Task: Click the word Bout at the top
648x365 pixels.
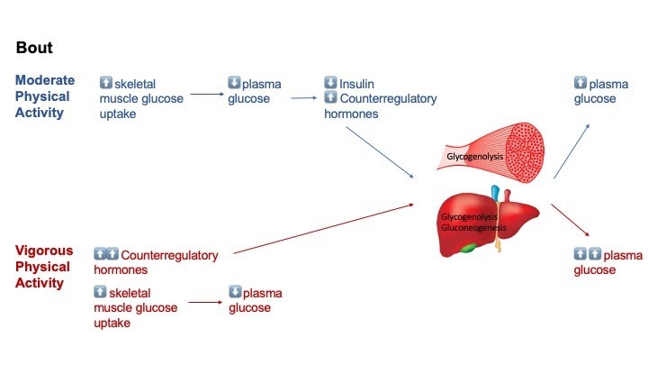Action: point(37,46)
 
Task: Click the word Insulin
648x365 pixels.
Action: point(358,83)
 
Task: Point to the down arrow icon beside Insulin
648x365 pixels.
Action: point(330,83)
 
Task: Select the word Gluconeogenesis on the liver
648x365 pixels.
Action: point(473,228)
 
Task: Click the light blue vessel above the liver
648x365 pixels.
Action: point(493,192)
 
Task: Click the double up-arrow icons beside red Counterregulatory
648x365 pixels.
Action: point(106,254)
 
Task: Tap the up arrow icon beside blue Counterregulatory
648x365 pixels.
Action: point(330,98)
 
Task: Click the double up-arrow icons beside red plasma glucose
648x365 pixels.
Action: point(587,254)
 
